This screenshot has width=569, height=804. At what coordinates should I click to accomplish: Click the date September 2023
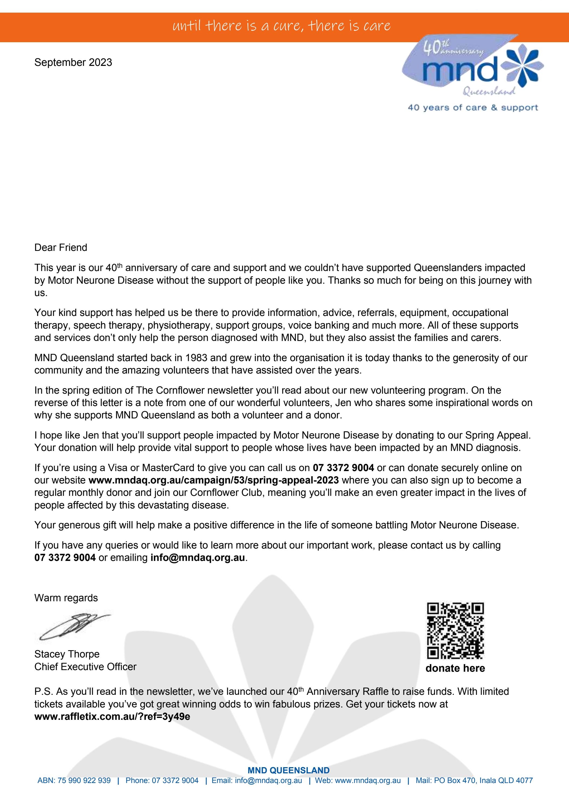point(73,62)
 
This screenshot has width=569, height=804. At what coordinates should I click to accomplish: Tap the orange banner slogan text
point(281,26)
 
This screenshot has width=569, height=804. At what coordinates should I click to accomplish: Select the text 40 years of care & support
point(473,108)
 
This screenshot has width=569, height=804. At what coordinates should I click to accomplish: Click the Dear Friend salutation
point(61,248)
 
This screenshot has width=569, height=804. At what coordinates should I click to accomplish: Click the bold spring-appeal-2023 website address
point(213,480)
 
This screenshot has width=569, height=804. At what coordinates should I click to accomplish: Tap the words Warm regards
point(66,598)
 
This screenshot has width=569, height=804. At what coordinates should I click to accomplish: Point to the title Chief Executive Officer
point(85,666)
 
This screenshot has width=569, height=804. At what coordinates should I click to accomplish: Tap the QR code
point(455,630)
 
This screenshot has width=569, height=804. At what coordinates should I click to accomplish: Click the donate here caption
point(455,668)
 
